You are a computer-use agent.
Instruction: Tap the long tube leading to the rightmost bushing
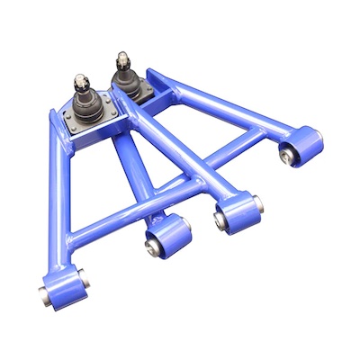click(x=225, y=103)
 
